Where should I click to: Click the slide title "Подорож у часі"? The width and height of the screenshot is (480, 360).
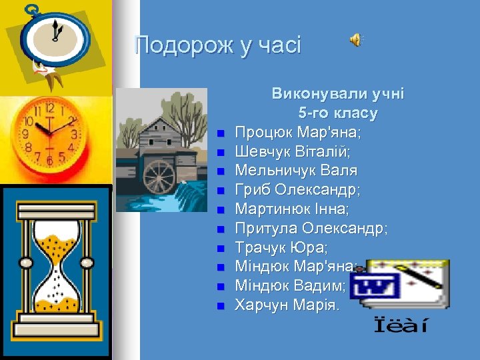217,46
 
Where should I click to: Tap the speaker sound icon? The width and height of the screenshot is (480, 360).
357,40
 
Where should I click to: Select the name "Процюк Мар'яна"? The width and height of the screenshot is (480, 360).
298,133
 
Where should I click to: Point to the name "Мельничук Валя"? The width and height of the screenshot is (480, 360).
296,171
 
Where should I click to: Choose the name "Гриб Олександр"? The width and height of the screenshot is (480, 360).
297,191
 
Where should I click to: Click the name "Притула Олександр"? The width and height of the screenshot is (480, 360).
311,229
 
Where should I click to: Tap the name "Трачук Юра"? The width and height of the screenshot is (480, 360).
281,249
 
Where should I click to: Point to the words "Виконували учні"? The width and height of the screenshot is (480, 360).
338,94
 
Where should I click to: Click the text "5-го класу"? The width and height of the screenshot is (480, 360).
338,113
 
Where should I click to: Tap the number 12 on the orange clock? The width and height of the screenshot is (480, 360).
49,108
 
